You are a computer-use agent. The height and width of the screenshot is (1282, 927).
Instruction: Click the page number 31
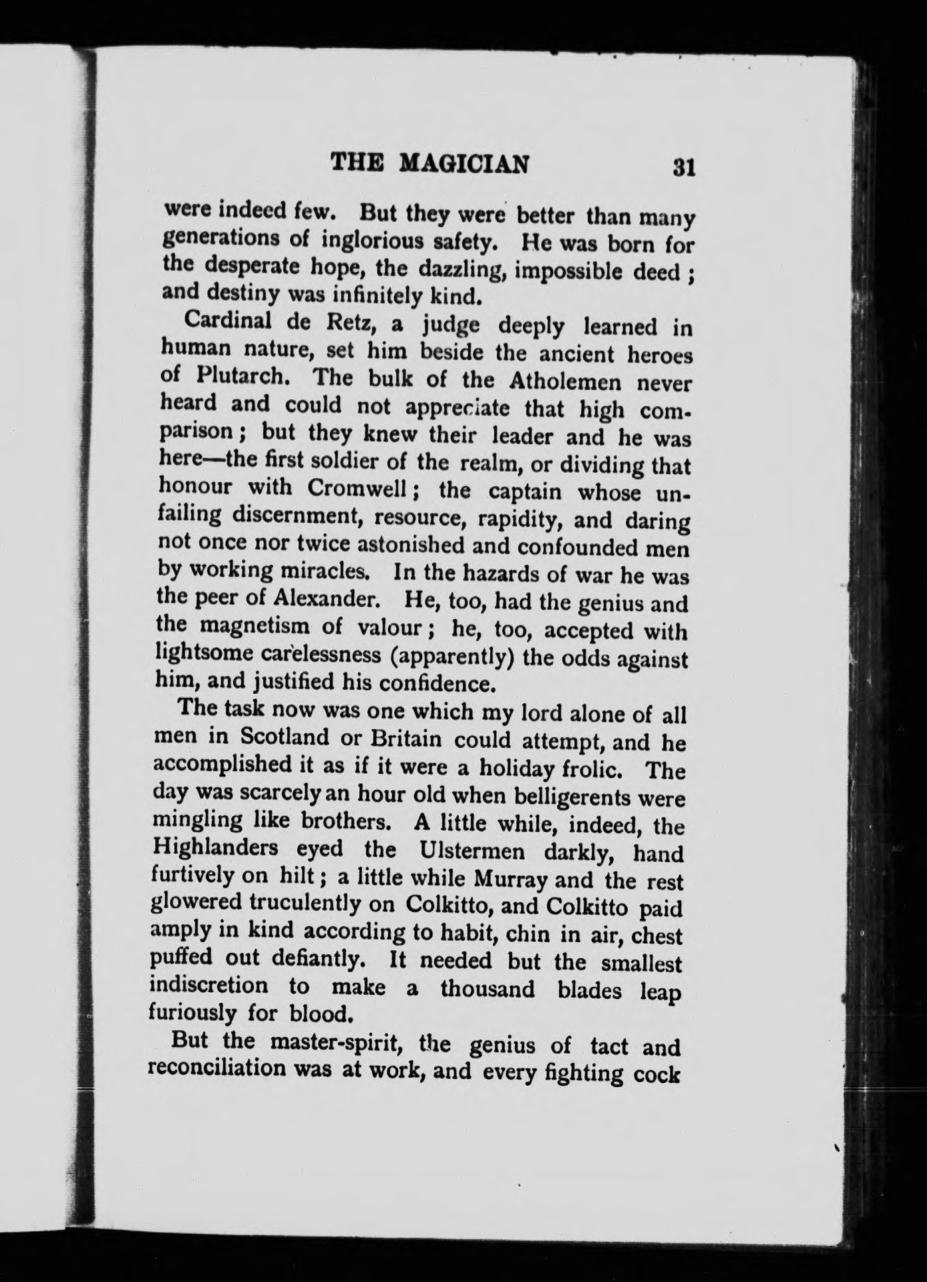click(x=685, y=166)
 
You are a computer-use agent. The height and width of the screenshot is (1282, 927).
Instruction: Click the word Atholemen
click(x=565, y=382)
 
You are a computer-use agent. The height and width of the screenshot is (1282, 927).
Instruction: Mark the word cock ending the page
click(x=657, y=1076)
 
